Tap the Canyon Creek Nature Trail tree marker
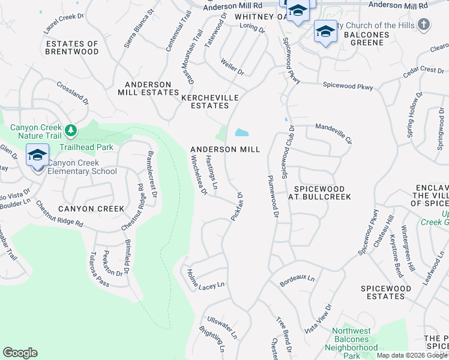click(71, 130)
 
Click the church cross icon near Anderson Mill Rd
click(424, 25)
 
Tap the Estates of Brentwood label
click(72, 48)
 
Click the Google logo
click(20, 353)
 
